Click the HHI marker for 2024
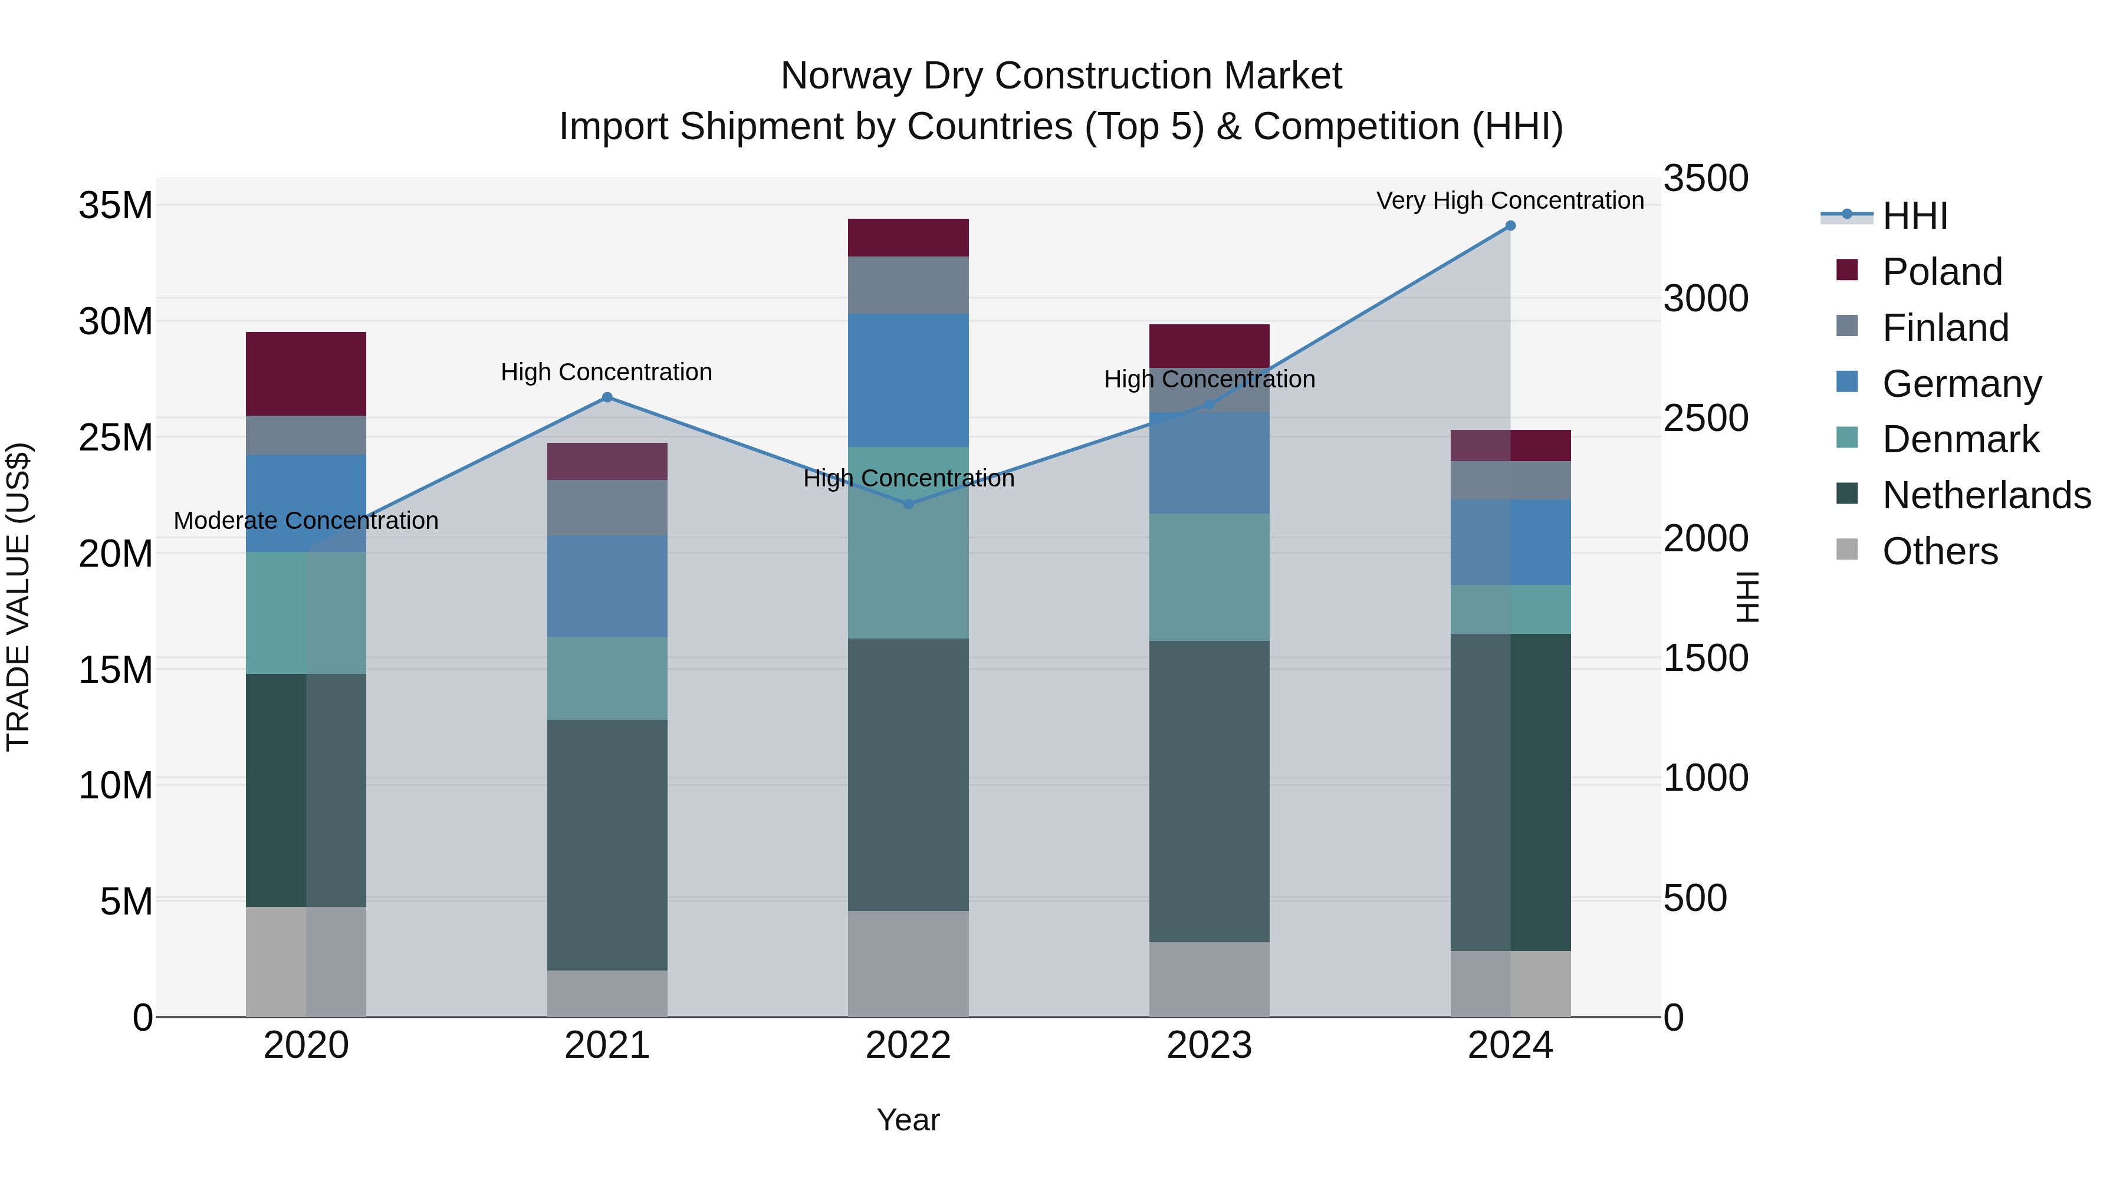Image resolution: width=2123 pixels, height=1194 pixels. pyautogui.click(x=1510, y=226)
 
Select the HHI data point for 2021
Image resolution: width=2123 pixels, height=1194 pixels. pyautogui.click(x=607, y=397)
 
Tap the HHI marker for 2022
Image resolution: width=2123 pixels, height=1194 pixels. pyautogui.click(x=908, y=504)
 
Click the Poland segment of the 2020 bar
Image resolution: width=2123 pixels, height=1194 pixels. pyautogui.click(x=305, y=373)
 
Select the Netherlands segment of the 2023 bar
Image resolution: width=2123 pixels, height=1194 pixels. pyautogui.click(x=1209, y=791)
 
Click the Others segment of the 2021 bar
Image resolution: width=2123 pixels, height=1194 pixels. pyautogui.click(x=607, y=993)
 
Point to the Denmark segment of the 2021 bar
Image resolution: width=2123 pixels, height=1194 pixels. pyautogui.click(x=607, y=678)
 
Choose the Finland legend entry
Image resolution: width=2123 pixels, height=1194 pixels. pyautogui.click(x=1945, y=328)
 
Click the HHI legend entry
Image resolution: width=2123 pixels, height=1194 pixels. pyautogui.click(x=1914, y=216)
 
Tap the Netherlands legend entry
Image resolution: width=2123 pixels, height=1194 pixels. pyautogui.click(x=1986, y=495)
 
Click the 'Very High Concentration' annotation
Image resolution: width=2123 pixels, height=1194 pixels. pyautogui.click(x=1510, y=200)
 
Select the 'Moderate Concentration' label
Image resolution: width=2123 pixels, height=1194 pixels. pyautogui.click(x=305, y=521)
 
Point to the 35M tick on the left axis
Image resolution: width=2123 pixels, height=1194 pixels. pyautogui.click(x=116, y=205)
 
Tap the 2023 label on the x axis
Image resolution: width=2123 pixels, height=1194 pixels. pyautogui.click(x=1209, y=1045)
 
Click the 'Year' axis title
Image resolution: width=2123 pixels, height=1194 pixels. pyautogui.click(x=908, y=1120)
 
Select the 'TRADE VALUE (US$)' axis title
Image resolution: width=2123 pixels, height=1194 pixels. pyautogui.click(x=18, y=597)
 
